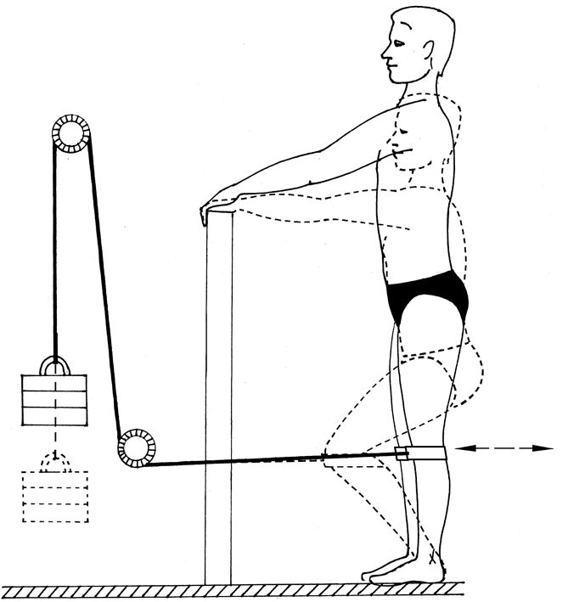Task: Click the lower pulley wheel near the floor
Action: click(136, 448)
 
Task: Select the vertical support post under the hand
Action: click(219, 399)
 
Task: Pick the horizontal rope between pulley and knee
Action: click(272, 459)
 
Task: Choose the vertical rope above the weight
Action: click(55, 255)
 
